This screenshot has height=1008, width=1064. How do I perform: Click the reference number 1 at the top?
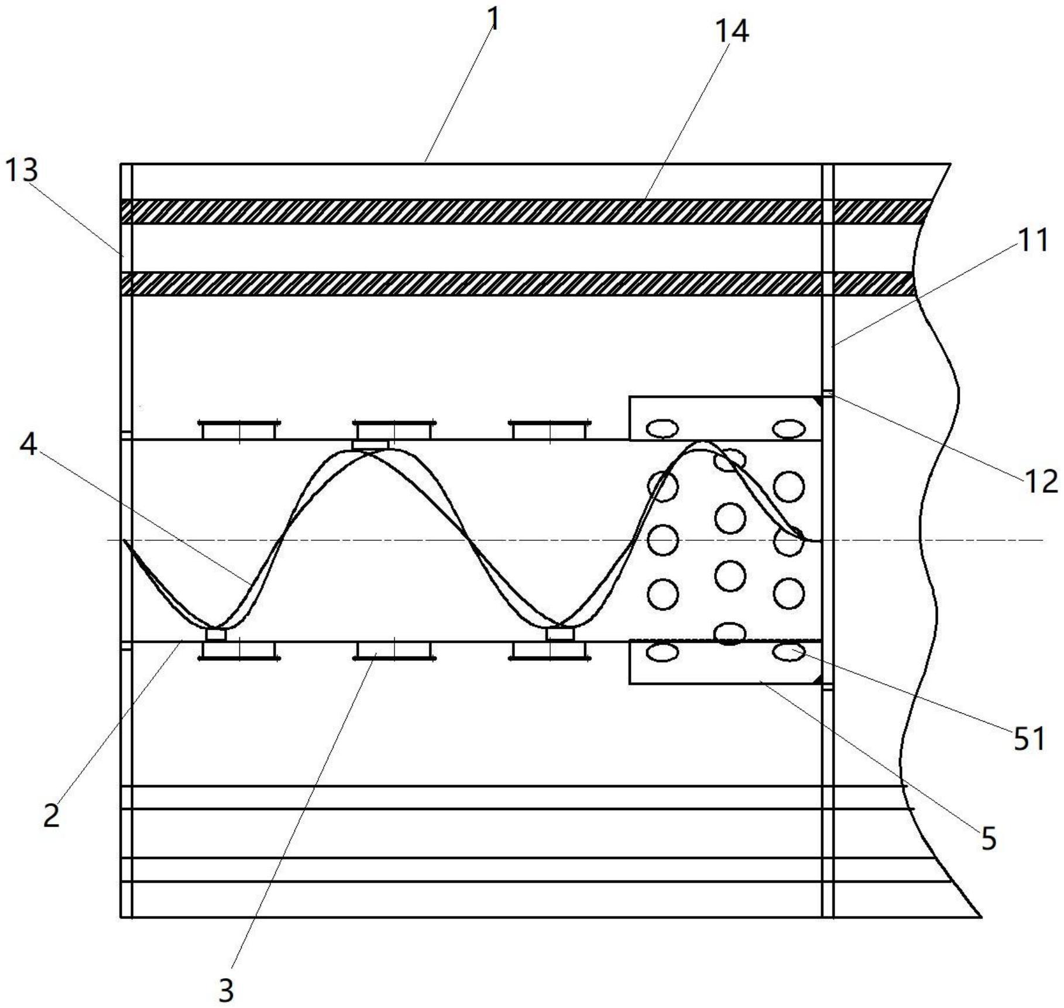(x=495, y=19)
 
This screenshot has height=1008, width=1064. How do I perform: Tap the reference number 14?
(x=732, y=31)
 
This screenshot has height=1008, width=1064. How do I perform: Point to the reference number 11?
(x=1033, y=241)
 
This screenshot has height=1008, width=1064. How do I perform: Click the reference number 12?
(x=1041, y=481)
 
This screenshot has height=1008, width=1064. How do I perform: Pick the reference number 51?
(x=1029, y=739)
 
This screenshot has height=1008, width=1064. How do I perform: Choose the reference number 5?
(x=989, y=839)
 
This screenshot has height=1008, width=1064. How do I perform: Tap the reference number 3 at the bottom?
(x=226, y=990)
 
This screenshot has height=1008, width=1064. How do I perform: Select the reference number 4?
(x=28, y=445)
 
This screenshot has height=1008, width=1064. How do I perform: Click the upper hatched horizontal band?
(x=526, y=211)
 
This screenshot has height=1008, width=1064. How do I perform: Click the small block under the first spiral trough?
(x=216, y=635)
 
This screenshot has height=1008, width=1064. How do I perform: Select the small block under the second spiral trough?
(x=560, y=634)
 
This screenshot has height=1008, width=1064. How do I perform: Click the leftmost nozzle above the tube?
(x=239, y=430)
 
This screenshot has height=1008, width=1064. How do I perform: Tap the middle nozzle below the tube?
(x=394, y=652)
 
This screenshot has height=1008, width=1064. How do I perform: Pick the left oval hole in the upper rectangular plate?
(x=663, y=429)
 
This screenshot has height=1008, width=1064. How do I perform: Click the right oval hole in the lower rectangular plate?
(x=789, y=652)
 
